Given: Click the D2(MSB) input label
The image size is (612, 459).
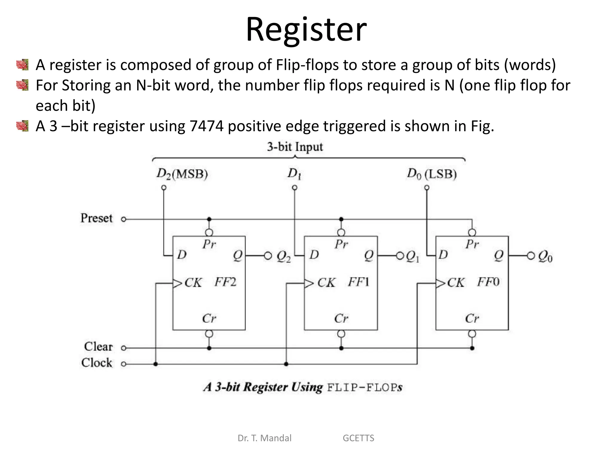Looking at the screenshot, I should (x=182, y=174).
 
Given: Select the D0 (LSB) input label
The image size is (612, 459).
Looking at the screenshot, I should (x=432, y=174).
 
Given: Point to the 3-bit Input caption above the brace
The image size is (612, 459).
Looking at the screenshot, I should (x=295, y=147).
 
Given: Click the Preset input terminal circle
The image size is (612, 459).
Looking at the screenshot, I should (x=124, y=219).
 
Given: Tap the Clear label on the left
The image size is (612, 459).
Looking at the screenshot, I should (x=98, y=347).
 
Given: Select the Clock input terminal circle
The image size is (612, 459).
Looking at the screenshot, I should (x=124, y=364).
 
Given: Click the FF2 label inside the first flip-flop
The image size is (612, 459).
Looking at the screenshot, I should (x=225, y=282).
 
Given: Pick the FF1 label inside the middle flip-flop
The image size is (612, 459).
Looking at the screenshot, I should (x=358, y=282).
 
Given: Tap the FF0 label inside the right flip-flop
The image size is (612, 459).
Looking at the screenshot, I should (x=488, y=282).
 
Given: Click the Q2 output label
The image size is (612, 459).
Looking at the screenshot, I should (x=283, y=256).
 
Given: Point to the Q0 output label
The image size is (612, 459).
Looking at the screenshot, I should (x=545, y=256).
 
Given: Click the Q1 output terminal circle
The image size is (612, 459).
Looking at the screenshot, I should (x=400, y=256).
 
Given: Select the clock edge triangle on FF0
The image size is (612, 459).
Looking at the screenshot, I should (x=440, y=283).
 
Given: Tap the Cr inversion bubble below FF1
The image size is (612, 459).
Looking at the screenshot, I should (x=341, y=334).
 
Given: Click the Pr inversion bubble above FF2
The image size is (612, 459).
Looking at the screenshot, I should (x=209, y=232).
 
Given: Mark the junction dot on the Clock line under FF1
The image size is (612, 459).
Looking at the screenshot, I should (x=286, y=364).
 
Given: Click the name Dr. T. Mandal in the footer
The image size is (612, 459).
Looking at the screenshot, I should (x=264, y=438).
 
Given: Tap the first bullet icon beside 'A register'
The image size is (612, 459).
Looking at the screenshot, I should (x=22, y=65).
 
